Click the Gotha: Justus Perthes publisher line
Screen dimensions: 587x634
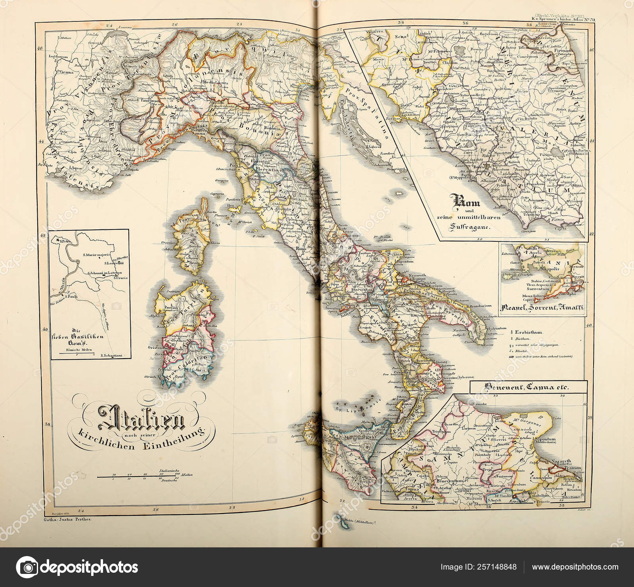[x=67, y=518]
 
